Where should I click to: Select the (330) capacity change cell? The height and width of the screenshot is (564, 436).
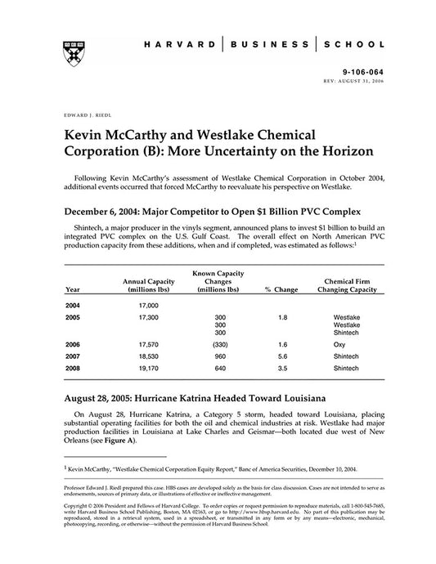pyautogui.click(x=218, y=345)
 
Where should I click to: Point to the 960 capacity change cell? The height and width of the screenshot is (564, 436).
pyautogui.click(x=218, y=357)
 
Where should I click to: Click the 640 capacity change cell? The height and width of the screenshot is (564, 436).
pyautogui.click(x=218, y=369)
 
